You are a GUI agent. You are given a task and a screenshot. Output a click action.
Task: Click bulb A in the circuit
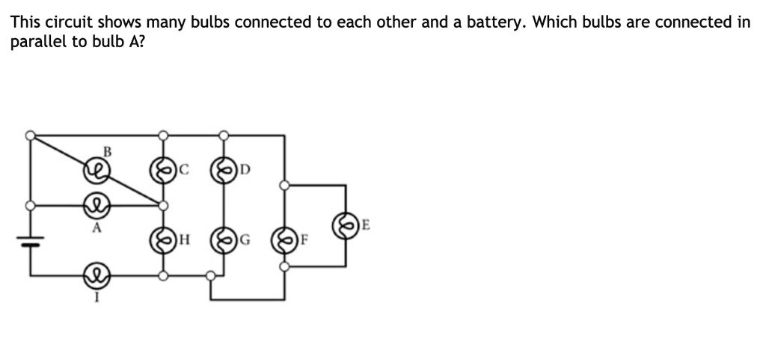point(96,204)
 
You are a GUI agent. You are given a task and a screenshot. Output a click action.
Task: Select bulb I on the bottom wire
point(96,275)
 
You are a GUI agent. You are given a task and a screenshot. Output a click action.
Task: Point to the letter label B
point(106,152)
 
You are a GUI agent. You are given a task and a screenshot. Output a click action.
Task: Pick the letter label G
point(242,241)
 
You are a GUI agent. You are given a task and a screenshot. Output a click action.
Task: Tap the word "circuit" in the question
point(64,22)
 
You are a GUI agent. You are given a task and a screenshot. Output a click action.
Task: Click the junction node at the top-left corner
point(30,135)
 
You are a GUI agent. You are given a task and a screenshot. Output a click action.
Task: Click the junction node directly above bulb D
point(222,135)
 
